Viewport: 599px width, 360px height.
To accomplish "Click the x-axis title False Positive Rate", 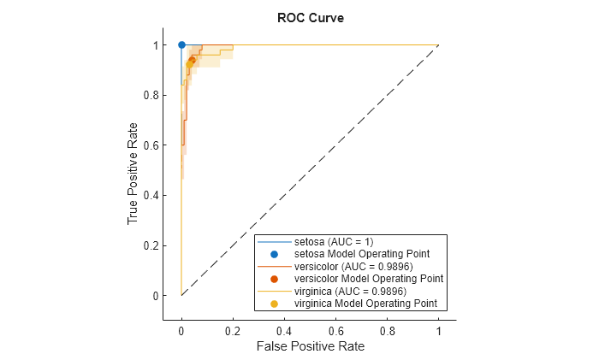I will (x=309, y=346).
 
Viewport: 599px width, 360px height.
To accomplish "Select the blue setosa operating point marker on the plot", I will (x=181, y=44).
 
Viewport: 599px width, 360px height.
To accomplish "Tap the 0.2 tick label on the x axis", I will (x=233, y=328).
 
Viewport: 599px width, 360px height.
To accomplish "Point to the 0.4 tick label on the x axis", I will (x=284, y=328).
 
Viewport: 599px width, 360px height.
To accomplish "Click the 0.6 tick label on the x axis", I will (x=335, y=328).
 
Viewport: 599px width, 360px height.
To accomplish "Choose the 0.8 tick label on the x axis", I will (x=387, y=328).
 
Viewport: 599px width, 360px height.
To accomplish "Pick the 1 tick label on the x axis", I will (x=438, y=328).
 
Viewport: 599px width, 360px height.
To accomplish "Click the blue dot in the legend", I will (x=274, y=254).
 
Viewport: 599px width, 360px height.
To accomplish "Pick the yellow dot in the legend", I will (x=274, y=304).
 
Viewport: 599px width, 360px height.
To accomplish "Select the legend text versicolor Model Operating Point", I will (x=369, y=279).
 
